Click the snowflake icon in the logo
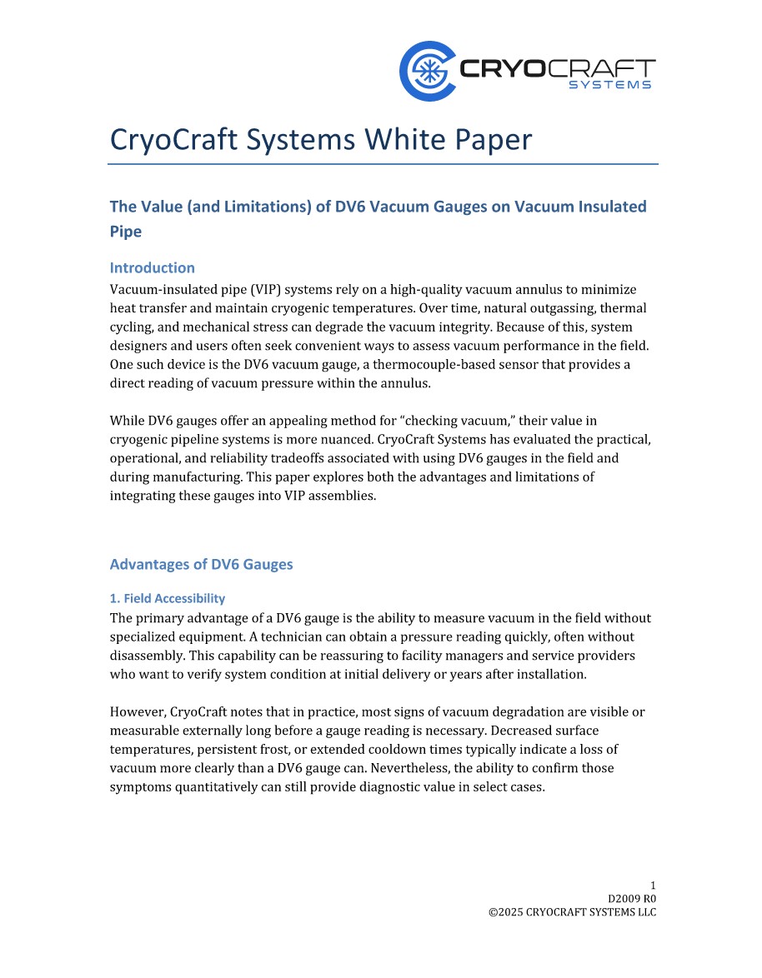[x=428, y=72]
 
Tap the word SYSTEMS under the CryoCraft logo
[x=609, y=85]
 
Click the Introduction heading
[x=153, y=267]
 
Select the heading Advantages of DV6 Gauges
[x=202, y=564]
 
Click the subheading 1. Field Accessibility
[x=168, y=598]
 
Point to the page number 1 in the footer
[x=654, y=886]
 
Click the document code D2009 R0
[x=632, y=899]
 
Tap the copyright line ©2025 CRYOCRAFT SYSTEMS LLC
[x=572, y=912]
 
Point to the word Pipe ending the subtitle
[x=126, y=232]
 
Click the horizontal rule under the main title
[x=383, y=164]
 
